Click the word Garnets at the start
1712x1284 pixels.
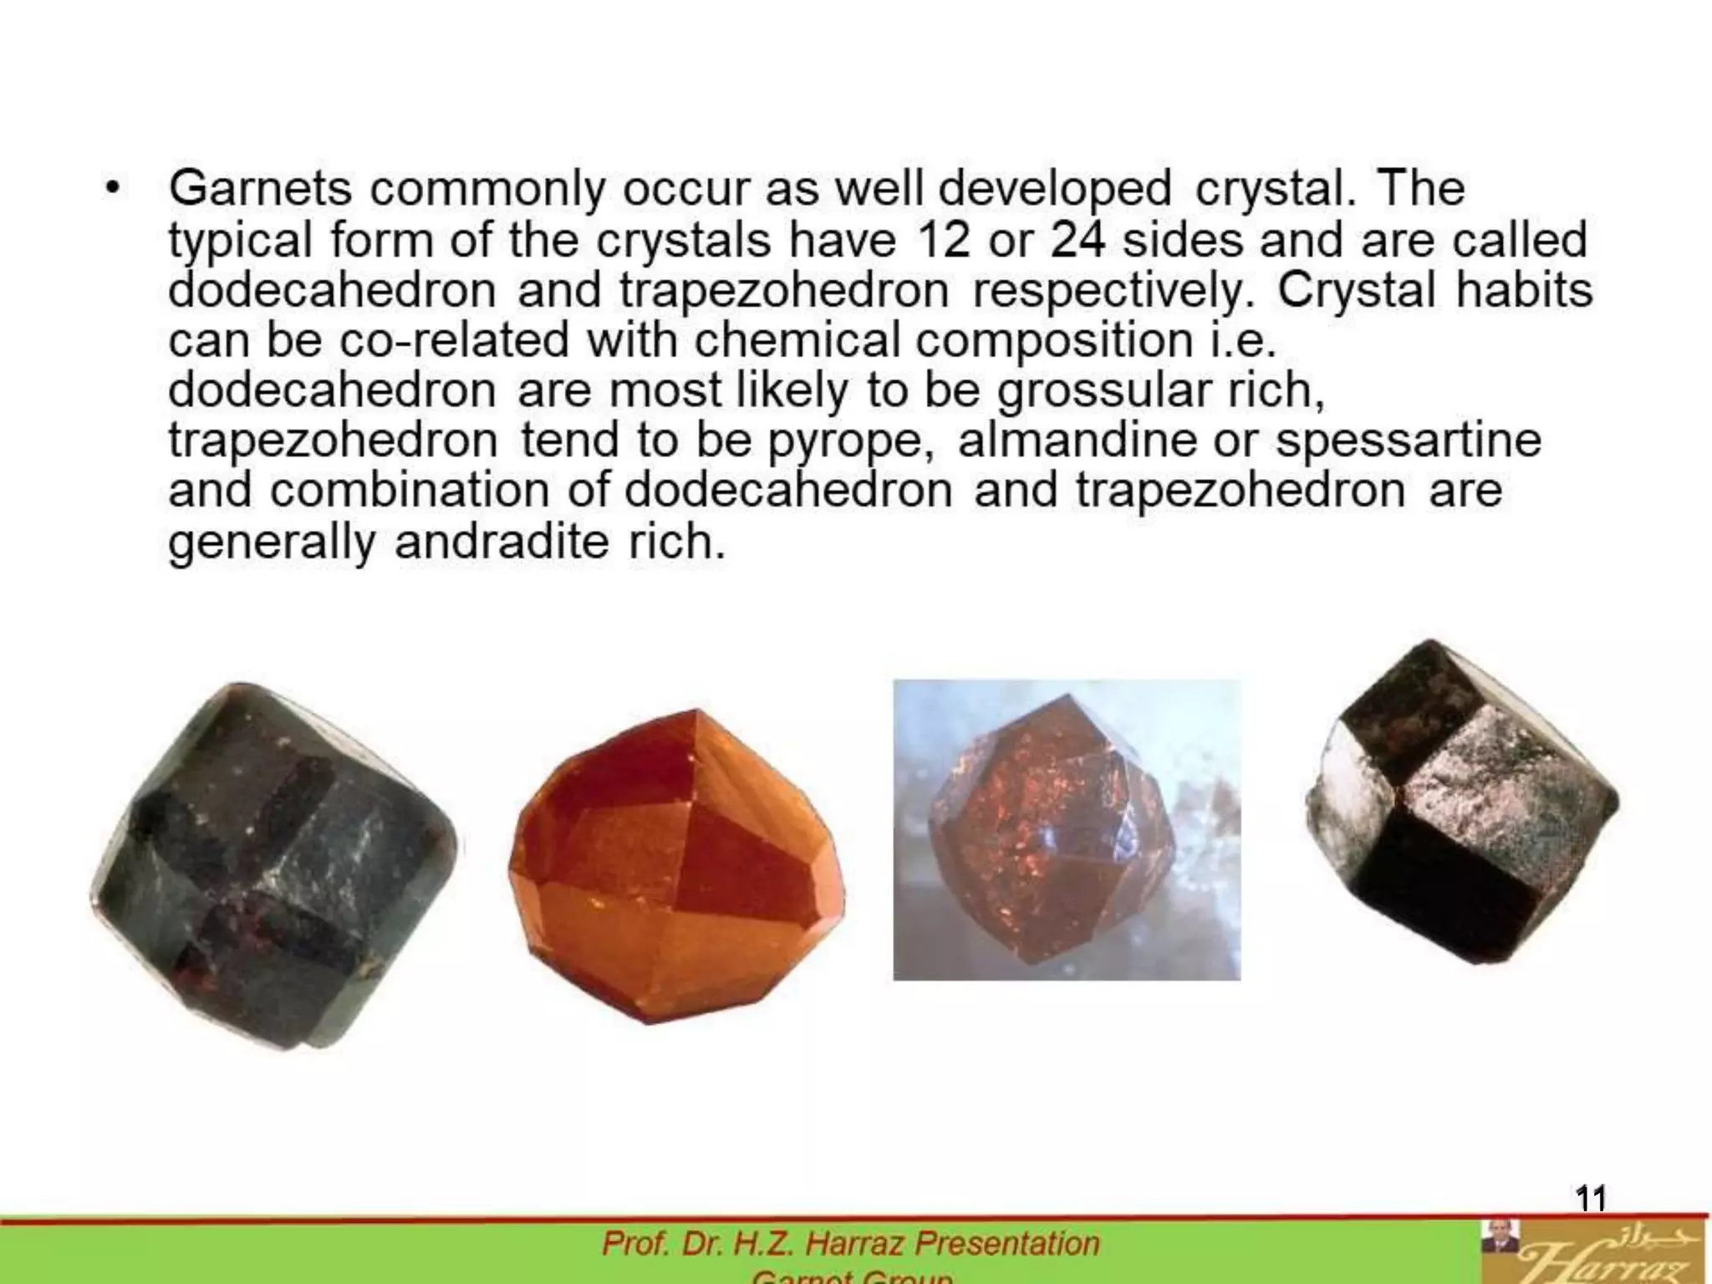[260, 188]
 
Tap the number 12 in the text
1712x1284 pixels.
[944, 240]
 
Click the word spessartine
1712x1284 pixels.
[1408, 441]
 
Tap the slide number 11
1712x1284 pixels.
[1591, 1199]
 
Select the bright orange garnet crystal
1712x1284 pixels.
[677, 865]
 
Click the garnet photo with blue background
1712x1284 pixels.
[1067, 829]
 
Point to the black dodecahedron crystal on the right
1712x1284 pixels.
[1463, 802]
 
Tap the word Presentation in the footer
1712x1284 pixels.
[1007, 1244]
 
